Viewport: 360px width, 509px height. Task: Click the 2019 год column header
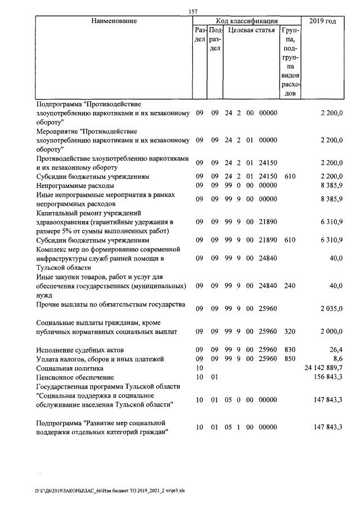click(x=326, y=21)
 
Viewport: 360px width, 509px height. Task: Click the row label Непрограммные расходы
click(x=75, y=185)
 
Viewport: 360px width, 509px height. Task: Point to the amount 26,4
click(x=336, y=350)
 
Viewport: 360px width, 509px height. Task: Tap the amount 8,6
click(x=337, y=358)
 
